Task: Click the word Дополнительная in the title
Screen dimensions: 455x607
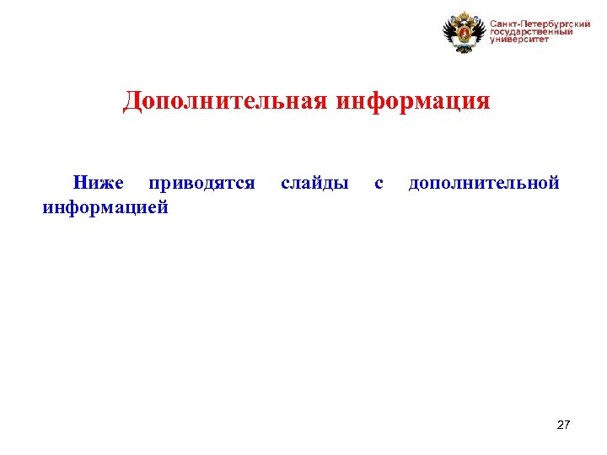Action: pos(226,102)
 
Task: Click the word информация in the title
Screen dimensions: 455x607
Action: pos(413,102)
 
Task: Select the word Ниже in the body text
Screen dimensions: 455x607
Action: pos(98,183)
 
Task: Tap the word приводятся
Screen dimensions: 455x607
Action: pos(201,183)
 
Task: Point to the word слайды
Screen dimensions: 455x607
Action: pos(314,183)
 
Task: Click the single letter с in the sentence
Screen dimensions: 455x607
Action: pos(379,183)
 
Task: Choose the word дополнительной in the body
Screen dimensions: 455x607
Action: pos(484,183)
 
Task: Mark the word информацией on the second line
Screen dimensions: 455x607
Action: pos(105,206)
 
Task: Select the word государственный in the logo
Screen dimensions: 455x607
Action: pos(531,31)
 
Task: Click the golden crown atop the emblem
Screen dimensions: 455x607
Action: pos(465,15)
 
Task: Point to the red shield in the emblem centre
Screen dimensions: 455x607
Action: pos(465,35)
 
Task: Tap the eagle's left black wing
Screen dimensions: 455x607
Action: pos(449,32)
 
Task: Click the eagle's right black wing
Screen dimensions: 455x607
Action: pos(480,32)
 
